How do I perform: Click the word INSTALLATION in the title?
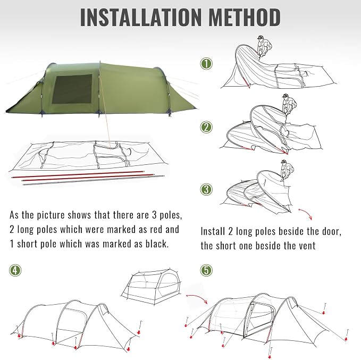tap(141, 17)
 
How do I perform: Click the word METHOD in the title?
tap(245, 17)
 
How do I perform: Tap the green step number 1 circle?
tap(206, 64)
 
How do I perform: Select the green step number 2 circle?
tap(206, 127)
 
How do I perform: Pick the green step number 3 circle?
tap(206, 189)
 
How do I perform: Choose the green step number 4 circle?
tap(15, 270)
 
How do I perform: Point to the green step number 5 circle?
tap(206, 270)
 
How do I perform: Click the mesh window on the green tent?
tap(72, 89)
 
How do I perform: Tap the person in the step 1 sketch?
tap(264, 46)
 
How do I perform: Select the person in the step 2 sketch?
tap(289, 104)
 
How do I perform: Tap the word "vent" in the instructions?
tap(307, 246)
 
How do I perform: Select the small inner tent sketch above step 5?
tap(151, 286)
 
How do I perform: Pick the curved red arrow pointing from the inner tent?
tap(196, 297)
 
